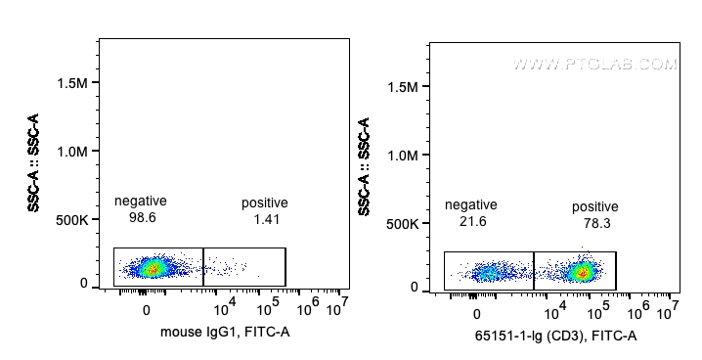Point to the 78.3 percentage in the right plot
point(595,223)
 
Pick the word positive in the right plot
point(595,206)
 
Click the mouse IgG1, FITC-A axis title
point(225,334)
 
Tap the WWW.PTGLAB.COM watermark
point(594,65)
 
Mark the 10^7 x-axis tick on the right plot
point(669,312)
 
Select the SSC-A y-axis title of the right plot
point(365,167)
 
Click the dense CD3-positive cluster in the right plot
point(583,271)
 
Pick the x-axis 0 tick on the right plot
point(476,314)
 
